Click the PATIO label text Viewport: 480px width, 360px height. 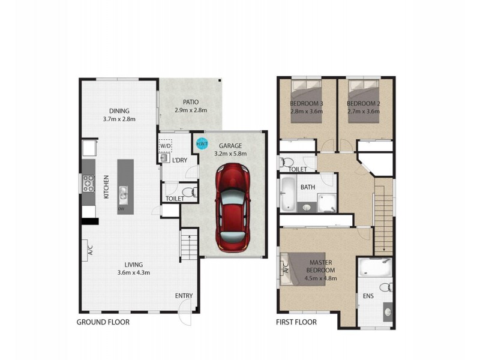click(190, 102)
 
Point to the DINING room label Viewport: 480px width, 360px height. click(119, 111)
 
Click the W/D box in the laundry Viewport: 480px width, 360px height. click(165, 145)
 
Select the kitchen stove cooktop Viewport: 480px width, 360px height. click(88, 182)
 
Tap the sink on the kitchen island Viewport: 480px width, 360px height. click(123, 193)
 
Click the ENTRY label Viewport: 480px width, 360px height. click(184, 296)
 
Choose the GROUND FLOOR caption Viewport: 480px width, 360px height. click(103, 322)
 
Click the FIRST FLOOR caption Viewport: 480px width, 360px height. click(296, 322)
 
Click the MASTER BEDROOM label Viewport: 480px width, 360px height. click(321, 270)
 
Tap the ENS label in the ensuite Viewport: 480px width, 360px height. click(367, 296)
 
